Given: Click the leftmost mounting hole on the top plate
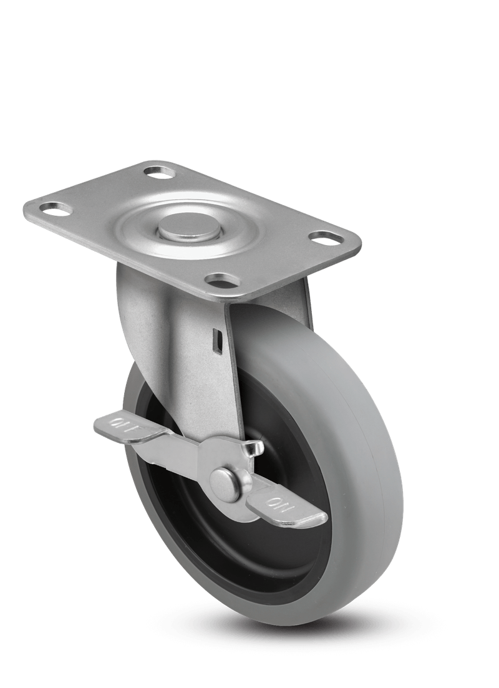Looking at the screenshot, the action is click(x=52, y=206).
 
